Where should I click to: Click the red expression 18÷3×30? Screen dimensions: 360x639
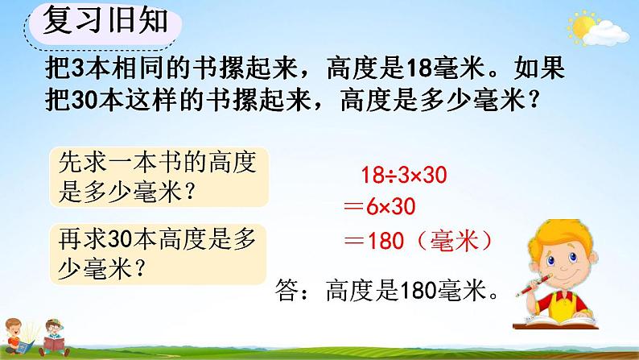(404, 173)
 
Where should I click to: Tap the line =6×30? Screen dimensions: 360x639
(377, 207)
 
